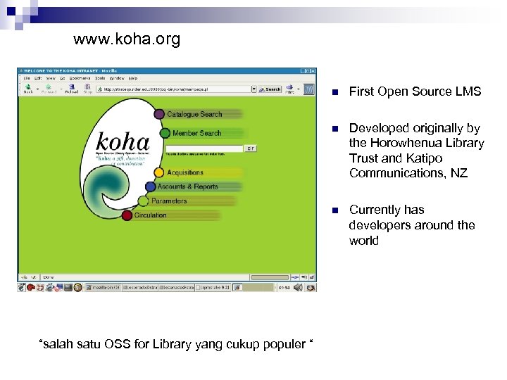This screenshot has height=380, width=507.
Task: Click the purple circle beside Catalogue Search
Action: pos(160,114)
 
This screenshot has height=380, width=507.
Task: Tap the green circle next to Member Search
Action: pos(165,133)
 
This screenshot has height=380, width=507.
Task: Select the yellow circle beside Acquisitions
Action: pos(160,172)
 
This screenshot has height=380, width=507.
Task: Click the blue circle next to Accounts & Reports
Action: pos(151,187)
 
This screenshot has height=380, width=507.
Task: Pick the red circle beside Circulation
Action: pos(127,215)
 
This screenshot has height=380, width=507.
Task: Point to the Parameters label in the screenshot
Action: pos(169,201)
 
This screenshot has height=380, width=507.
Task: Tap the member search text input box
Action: pos(204,148)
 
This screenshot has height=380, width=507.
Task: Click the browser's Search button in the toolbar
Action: pos(270,89)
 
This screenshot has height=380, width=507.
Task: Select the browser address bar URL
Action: pos(176,89)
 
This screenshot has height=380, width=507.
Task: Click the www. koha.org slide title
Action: pos(127,39)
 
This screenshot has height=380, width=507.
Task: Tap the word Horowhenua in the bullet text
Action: pos(405,143)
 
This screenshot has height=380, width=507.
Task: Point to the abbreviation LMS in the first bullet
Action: pos(469,91)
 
